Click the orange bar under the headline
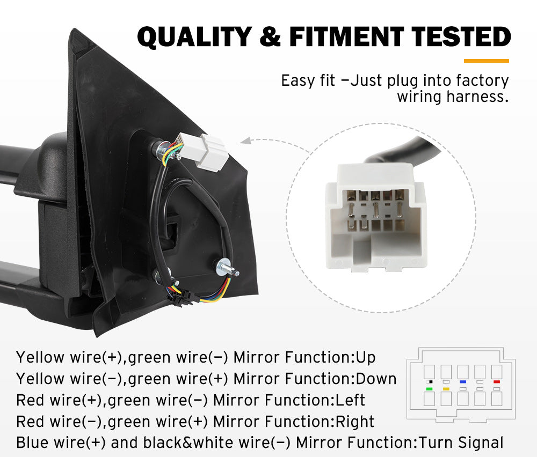(485, 61)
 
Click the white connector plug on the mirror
(211, 151)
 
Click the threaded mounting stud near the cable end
(228, 268)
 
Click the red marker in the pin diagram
(496, 382)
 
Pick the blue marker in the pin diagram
(462, 382)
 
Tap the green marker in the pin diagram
(429, 388)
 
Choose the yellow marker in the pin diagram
(446, 388)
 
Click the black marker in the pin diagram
(429, 382)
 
